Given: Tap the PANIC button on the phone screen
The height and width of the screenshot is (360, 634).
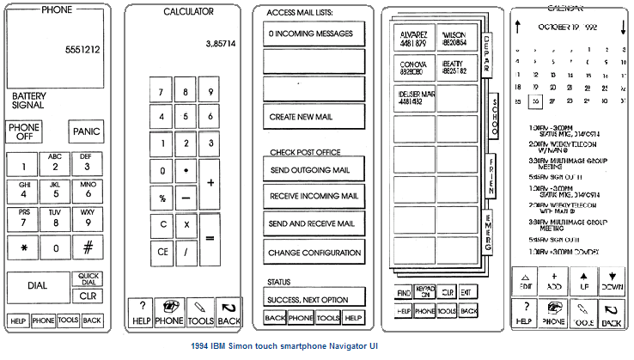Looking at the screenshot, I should point(87,131).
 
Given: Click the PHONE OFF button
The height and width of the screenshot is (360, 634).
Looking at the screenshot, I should point(24,131).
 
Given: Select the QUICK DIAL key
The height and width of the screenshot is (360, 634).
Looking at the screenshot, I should point(87,279).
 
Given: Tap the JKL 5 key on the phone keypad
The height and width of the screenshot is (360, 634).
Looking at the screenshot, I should point(54,190).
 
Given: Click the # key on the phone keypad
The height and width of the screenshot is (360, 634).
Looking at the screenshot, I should point(87,248).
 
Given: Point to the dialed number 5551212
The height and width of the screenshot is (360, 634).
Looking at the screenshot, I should point(82,50).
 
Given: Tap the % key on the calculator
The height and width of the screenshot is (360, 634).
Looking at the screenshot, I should point(162,198).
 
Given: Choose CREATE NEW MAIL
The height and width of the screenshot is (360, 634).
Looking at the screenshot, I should point(314,116).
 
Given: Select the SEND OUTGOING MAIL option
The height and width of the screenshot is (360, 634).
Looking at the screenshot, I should point(314,170).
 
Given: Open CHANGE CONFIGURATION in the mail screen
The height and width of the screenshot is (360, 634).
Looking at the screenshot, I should point(314,253).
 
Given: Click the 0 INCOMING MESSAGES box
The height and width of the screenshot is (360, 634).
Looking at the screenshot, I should point(314,34).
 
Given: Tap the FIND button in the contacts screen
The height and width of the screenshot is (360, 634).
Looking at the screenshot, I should point(403,292).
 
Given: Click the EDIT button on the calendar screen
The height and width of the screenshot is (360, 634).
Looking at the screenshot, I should point(525,280).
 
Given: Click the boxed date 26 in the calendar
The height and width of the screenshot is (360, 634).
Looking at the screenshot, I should point(535,101).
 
